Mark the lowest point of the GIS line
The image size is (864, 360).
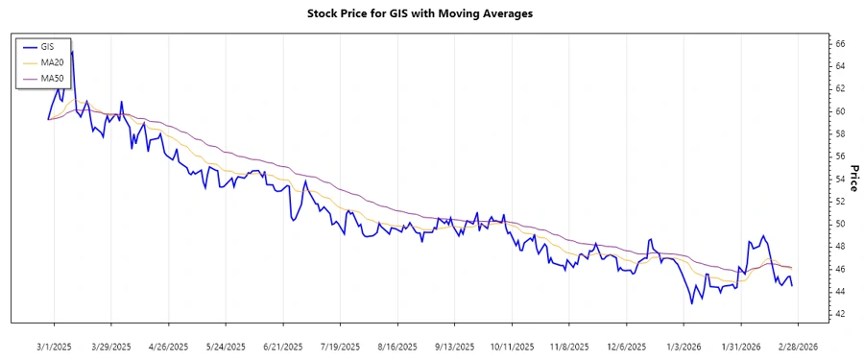point(691,303)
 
